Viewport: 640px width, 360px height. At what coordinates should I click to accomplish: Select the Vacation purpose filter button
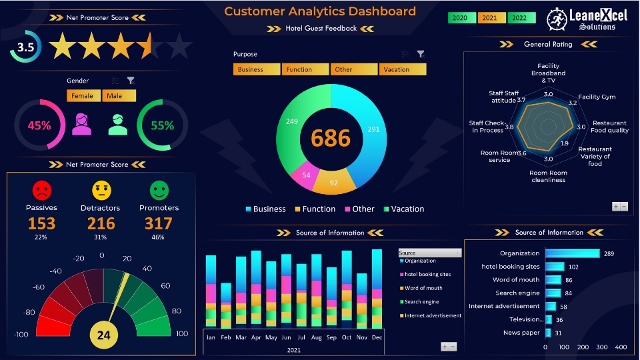403,69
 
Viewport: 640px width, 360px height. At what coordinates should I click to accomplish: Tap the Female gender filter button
83,96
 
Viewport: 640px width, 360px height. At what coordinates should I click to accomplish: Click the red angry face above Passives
42,191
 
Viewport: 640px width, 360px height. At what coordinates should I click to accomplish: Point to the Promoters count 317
158,223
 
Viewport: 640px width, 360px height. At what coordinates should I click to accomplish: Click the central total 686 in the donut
331,138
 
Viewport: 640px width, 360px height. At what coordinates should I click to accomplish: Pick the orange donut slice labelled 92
333,183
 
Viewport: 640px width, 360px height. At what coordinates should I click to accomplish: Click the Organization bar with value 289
572,253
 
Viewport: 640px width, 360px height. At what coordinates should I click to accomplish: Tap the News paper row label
521,333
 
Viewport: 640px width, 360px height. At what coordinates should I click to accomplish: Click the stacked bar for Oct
347,289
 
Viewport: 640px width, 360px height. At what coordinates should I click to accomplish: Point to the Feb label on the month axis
226,337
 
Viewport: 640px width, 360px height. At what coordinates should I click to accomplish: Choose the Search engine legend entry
421,302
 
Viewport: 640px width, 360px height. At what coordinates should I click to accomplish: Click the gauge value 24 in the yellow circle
103,336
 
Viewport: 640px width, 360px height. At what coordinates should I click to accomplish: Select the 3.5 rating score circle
25,47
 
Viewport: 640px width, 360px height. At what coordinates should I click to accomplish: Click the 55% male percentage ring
162,125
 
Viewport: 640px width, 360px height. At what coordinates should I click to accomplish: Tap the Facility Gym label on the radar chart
597,97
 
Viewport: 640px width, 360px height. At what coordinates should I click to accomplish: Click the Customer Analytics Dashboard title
320,11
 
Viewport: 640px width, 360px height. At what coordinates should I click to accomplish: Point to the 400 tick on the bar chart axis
621,347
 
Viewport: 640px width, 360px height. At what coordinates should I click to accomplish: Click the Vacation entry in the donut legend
402,209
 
